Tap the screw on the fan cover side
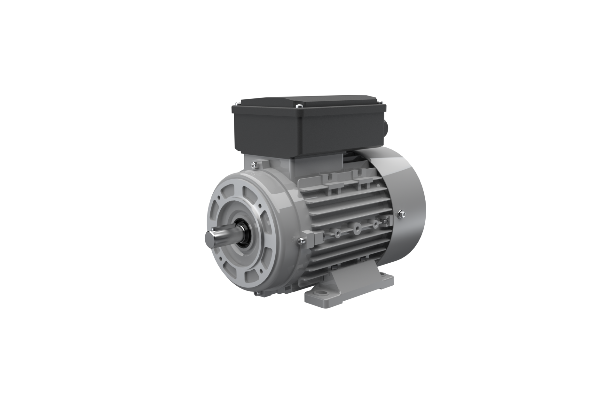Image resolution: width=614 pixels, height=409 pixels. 402,214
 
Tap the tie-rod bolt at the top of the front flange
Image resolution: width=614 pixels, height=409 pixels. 254,165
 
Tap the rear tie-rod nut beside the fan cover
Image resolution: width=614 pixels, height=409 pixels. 385,220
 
